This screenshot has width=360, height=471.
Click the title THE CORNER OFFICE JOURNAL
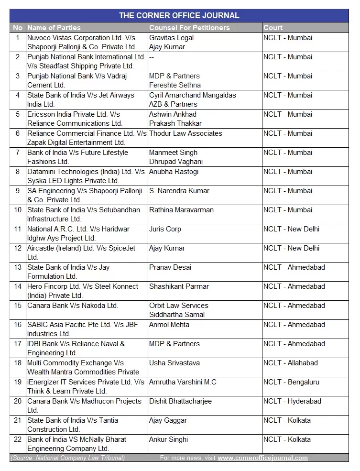[179, 15]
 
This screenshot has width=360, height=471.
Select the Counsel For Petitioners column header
[189, 28]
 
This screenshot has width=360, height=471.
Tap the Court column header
[273, 28]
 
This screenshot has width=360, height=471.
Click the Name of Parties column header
[54, 28]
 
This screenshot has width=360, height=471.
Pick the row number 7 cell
[18, 153]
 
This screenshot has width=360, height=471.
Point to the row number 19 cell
[18, 382]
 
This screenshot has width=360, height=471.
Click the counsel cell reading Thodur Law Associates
[185, 133]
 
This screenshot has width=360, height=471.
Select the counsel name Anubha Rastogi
[174, 172]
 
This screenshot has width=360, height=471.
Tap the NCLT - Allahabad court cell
[290, 363]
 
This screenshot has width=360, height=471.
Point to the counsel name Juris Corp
[165, 229]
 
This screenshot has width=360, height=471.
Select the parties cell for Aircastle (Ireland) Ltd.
[81, 252]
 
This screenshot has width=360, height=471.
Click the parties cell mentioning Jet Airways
[81, 99]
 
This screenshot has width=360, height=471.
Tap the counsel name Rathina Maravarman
[181, 210]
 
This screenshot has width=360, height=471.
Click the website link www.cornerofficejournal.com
[262, 458]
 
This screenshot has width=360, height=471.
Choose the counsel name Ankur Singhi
[168, 439]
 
